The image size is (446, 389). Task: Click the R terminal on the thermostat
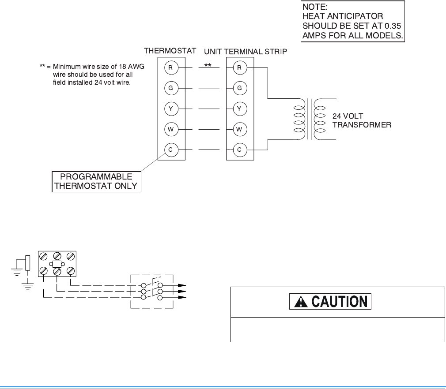click(170, 67)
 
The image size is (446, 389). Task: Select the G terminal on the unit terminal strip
click(239, 88)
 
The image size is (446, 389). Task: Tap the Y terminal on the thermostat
click(170, 108)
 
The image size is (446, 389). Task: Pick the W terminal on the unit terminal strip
click(239, 129)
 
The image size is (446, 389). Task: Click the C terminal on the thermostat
click(170, 150)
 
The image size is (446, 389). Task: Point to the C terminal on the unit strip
click(239, 150)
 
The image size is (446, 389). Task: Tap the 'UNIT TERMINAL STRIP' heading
click(246, 52)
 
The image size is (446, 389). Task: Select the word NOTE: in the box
click(314, 7)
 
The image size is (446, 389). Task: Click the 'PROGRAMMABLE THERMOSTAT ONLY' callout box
click(97, 181)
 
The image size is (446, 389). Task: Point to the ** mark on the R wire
click(208, 65)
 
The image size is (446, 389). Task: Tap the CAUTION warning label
click(330, 302)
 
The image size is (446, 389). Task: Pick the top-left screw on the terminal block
click(44, 256)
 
